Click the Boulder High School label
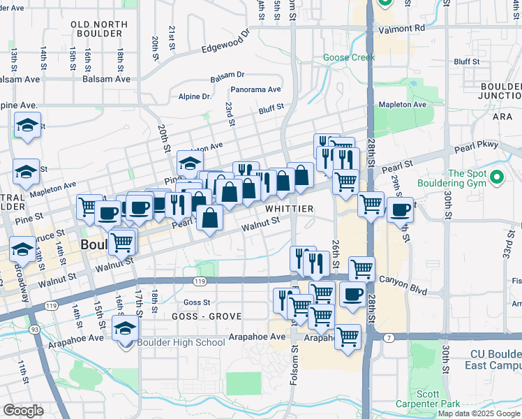click(x=181, y=341)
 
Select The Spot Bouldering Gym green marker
click(x=497, y=179)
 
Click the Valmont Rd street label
click(x=401, y=29)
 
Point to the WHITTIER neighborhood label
click(x=288, y=209)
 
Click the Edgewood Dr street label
click(x=225, y=42)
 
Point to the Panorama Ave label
click(x=255, y=89)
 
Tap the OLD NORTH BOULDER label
click(x=100, y=29)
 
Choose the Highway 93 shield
click(x=33, y=328)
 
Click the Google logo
click(x=23, y=411)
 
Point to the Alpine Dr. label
click(x=195, y=96)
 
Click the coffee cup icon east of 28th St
click(x=401, y=209)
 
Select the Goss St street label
click(x=196, y=302)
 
